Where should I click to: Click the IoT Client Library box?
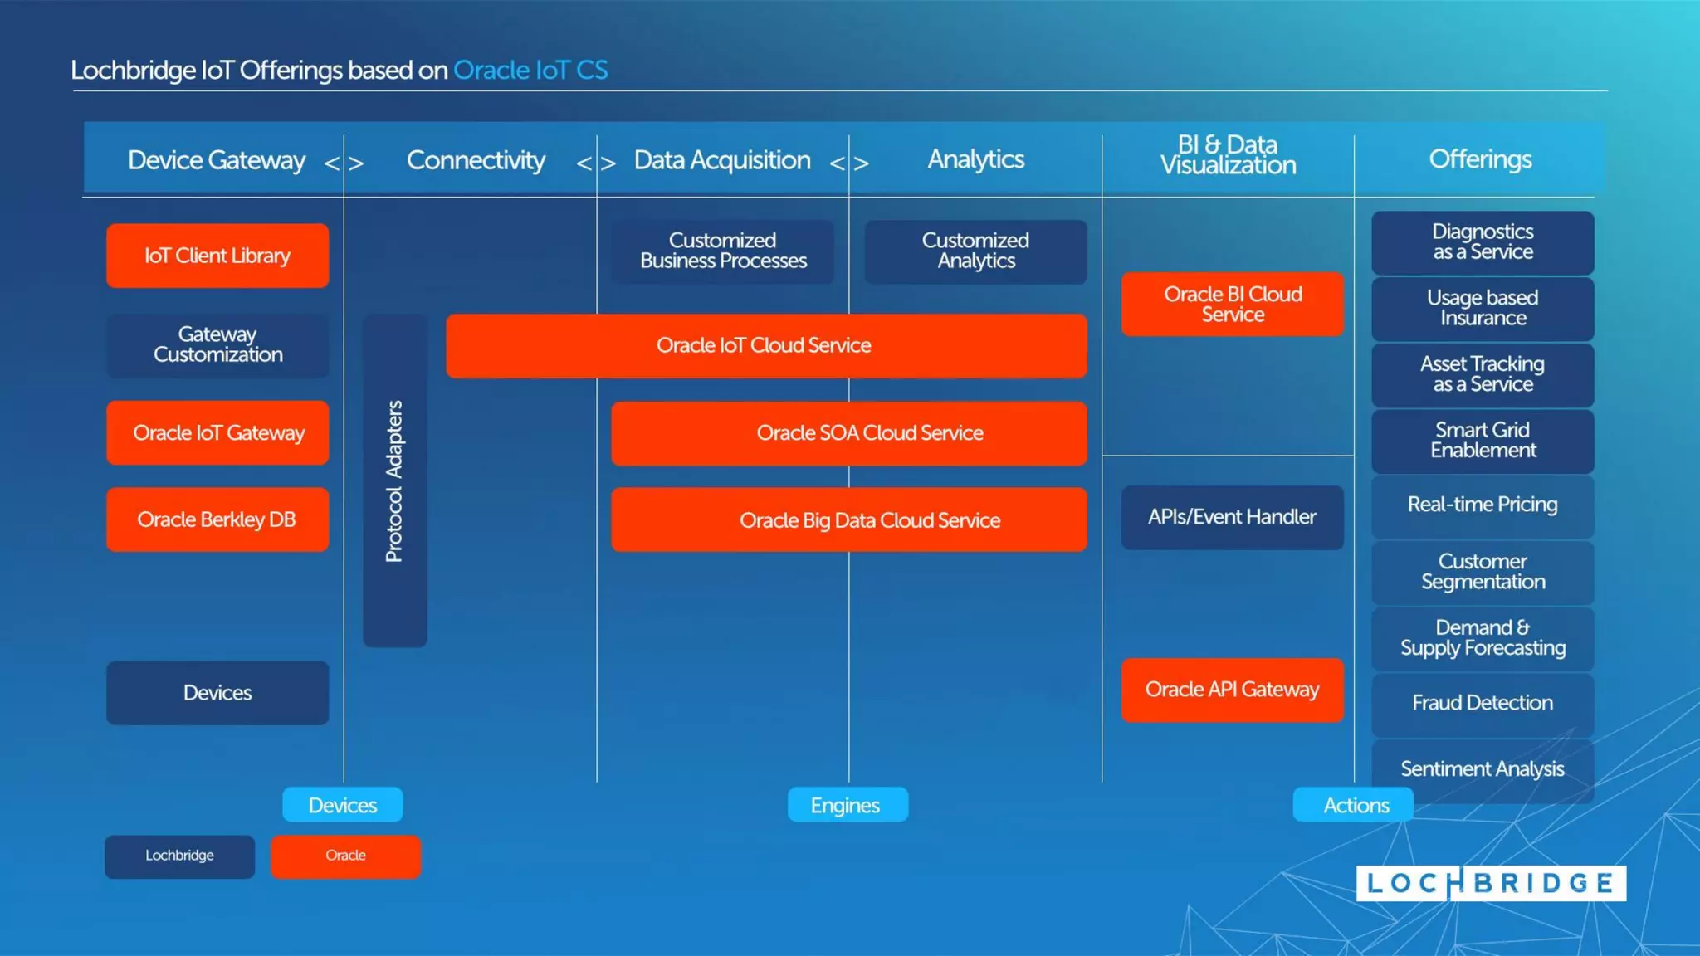217,256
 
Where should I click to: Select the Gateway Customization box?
217,345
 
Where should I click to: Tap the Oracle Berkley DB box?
217,519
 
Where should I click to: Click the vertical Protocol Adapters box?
395,481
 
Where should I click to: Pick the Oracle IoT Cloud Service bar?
765,345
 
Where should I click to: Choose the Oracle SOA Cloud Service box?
848,433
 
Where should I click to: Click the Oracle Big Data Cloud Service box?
848,520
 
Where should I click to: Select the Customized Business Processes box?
723,251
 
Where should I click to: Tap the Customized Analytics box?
975,251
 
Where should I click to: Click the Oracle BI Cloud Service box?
1233,305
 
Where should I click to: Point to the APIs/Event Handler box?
1233,517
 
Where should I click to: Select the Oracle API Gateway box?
1233,690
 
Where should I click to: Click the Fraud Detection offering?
1483,703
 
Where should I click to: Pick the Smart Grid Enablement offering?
1483,441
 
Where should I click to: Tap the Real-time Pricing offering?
1483,505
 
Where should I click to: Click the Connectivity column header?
476,160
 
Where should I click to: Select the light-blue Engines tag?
847,805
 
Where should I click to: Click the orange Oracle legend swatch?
345,856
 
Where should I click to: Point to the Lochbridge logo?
1491,883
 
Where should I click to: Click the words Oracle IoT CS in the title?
530,71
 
